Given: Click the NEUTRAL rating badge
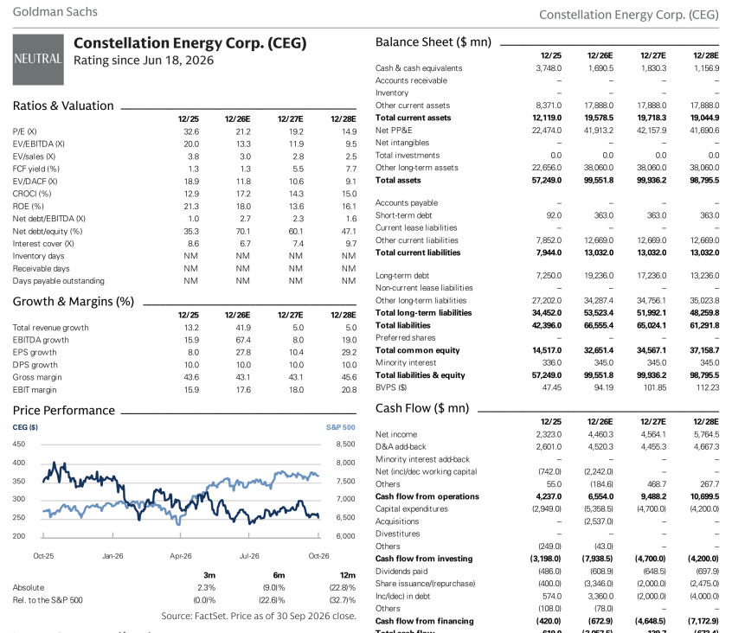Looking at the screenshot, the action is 38,60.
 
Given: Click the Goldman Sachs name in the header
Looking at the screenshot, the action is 55,11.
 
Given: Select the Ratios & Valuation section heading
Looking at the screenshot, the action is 63,105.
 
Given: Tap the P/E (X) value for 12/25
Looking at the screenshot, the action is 191,131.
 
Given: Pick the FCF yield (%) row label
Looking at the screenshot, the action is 36,169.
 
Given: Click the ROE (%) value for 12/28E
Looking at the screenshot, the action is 350,206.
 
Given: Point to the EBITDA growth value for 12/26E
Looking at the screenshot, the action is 244,340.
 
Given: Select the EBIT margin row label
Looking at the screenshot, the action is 35,390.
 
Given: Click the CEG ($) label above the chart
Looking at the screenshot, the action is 25,427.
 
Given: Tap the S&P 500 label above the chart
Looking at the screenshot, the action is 341,427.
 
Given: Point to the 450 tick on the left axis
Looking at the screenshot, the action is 19,444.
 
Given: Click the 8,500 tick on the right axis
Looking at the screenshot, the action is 346,444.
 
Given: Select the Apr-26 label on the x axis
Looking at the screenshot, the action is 181,556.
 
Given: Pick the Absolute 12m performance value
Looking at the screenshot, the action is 344,588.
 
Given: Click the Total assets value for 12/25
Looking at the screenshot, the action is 547,181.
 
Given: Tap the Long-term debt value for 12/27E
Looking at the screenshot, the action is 652,276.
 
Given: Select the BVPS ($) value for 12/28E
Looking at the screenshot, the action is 709,387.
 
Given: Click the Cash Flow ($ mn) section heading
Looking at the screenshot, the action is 422,408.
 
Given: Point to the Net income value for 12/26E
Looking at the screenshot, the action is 600,434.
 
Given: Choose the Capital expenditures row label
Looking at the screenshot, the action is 411,509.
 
